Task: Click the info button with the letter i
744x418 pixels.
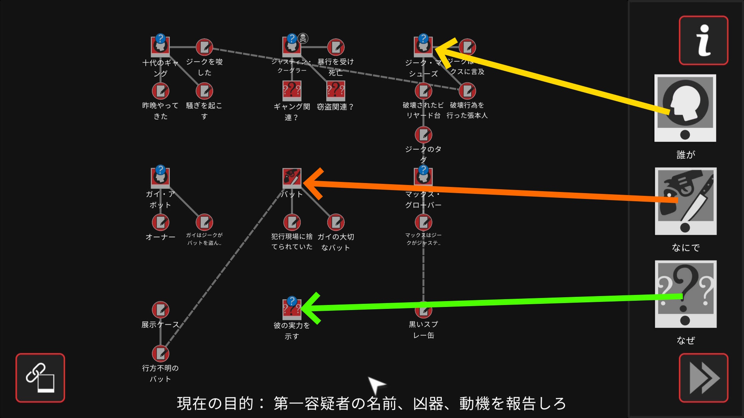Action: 703,40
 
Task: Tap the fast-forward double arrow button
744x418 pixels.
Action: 703,378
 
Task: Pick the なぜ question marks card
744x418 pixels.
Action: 685,294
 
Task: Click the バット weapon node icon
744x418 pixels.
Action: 292,178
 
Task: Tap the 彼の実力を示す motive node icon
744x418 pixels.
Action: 292,309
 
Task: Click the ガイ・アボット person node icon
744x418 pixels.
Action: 160,178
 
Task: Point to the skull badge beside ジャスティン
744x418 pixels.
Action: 303,38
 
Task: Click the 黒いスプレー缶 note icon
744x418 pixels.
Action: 424,310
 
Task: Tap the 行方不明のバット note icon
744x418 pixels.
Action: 160,353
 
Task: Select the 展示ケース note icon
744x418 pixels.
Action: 160,310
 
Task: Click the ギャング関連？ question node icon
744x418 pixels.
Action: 292,91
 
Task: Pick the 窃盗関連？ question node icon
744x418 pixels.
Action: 336,91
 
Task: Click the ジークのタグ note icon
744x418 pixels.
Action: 424,135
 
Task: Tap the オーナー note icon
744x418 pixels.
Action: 160,222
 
